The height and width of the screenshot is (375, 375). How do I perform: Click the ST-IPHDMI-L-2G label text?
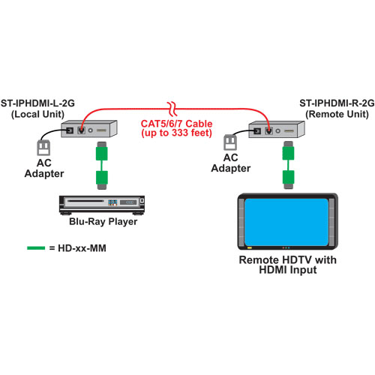coord(37,103)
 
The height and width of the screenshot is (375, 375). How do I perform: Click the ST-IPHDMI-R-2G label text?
coord(337,103)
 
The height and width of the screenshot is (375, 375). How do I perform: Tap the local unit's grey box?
coord(89,129)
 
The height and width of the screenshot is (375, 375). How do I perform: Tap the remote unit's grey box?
coord(277,129)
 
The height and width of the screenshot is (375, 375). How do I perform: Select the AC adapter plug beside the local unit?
coord(43,148)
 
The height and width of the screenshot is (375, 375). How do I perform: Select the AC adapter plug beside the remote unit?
coord(230,142)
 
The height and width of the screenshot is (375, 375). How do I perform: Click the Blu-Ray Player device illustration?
coord(102,205)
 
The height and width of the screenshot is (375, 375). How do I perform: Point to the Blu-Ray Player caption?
coord(103,221)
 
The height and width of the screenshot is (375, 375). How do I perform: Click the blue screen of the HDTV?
coord(286,222)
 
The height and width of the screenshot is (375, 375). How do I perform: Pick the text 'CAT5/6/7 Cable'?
coord(176,124)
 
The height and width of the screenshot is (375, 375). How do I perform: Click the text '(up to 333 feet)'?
coord(176,133)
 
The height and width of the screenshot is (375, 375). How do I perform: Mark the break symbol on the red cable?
coord(172,109)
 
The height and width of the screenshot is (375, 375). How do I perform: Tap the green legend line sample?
coord(36,248)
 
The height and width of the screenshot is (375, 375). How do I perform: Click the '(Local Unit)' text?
coord(37,114)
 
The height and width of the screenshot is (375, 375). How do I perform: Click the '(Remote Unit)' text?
coord(337,114)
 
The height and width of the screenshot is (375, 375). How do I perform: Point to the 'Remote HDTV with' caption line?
coord(287,259)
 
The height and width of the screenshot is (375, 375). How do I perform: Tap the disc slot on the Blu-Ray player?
coord(85,201)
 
